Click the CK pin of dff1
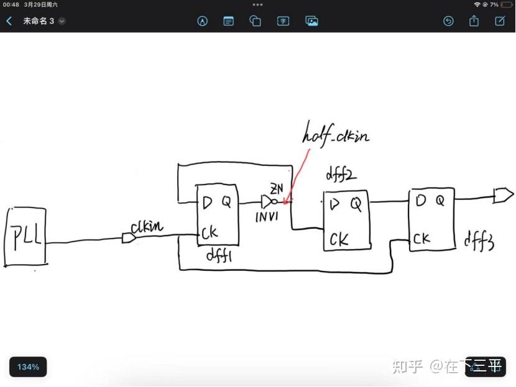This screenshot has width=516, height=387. (210, 234)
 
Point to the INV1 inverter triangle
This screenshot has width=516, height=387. (268, 202)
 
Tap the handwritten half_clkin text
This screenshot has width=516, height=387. (336, 135)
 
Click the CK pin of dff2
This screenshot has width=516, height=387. (339, 239)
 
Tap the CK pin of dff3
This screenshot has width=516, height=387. (422, 239)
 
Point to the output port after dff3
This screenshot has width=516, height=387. (503, 196)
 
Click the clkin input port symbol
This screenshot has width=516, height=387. (129, 238)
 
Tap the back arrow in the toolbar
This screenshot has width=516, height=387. (9, 21)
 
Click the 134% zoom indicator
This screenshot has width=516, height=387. (28, 367)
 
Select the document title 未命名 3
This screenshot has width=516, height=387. (39, 21)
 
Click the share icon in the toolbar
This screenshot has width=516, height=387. (474, 21)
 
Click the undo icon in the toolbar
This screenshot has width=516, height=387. (448, 21)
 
